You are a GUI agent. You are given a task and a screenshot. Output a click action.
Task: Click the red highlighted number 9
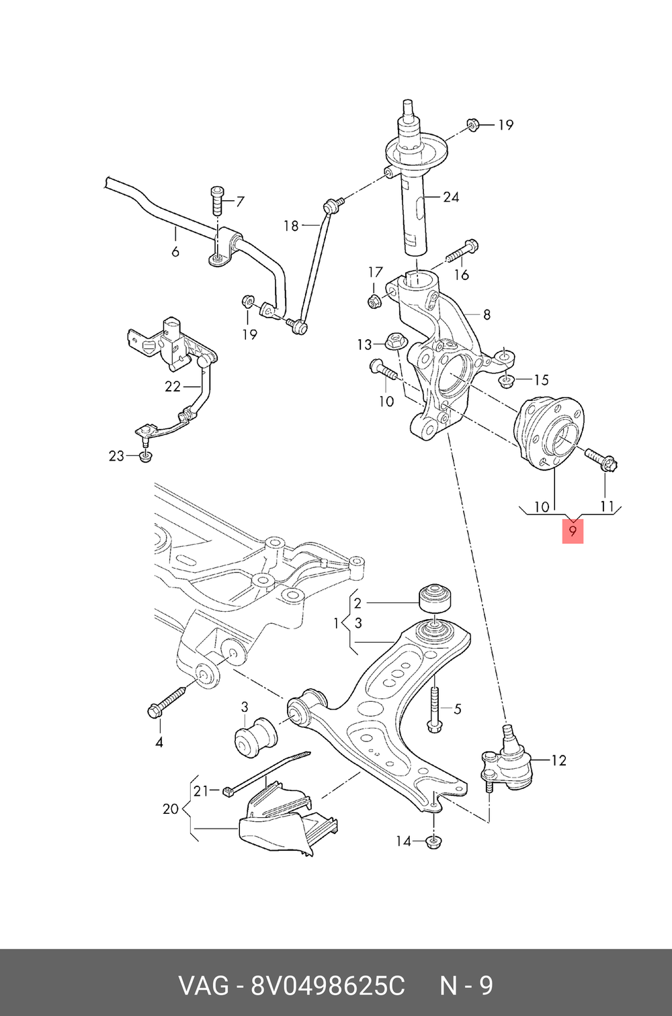click(573, 530)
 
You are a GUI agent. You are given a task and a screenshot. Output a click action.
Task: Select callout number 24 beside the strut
click(451, 197)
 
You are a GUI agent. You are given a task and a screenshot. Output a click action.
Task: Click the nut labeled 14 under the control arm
click(434, 842)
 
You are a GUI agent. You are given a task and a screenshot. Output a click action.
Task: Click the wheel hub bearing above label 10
click(548, 434)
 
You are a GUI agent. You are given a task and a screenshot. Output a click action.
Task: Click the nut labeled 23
click(144, 457)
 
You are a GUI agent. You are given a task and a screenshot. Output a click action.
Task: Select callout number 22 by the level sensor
click(173, 387)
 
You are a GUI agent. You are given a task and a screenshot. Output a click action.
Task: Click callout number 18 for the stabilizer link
click(291, 226)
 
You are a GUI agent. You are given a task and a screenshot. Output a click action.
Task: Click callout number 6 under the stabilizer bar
click(175, 251)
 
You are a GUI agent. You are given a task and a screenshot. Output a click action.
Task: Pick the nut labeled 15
click(505, 381)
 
